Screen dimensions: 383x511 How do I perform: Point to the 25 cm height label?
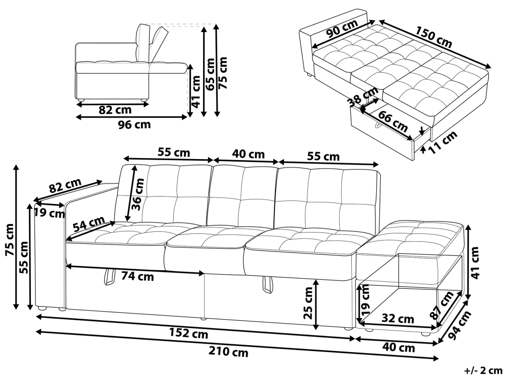tap(307, 305)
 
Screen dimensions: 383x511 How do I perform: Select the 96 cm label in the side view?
tap(134, 125)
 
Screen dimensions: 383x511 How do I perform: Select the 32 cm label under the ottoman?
tap(398, 318)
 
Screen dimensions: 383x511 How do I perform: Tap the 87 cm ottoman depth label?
tap(444, 305)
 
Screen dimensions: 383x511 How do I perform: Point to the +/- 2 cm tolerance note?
tap(483, 370)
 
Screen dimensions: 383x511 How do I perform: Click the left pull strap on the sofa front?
tap(109, 278)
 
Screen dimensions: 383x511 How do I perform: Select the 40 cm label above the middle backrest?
tap(248, 154)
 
